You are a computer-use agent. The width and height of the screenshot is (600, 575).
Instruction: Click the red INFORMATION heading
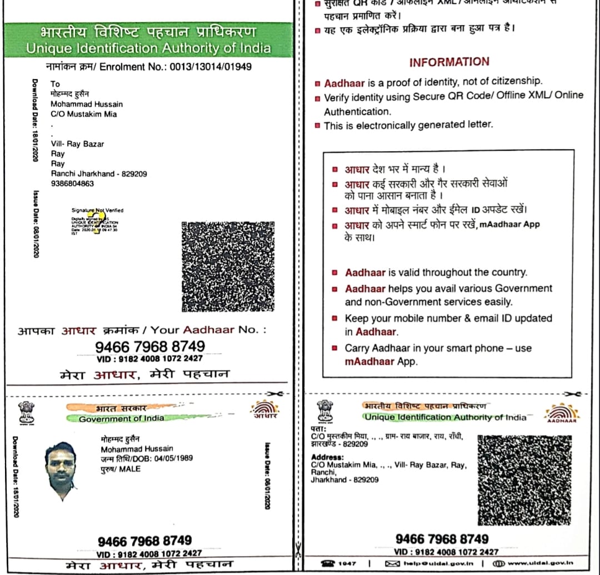[x=449, y=62]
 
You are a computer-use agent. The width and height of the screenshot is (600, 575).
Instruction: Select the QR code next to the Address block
[x=523, y=479]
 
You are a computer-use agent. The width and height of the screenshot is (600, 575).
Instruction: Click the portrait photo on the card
[x=61, y=470]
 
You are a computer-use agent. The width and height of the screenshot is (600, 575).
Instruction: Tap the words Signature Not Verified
[x=97, y=210]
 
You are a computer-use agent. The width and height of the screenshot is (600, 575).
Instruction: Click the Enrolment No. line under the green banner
[x=149, y=67]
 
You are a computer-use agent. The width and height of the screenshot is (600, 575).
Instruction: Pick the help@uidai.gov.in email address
[x=433, y=563]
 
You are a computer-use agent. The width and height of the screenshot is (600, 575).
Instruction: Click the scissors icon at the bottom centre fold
[x=298, y=551]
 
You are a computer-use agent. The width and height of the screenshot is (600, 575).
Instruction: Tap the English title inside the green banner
[x=148, y=48]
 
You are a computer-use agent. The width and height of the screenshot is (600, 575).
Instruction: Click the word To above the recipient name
[x=55, y=84]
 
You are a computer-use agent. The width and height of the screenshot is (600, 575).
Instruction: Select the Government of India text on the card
[x=121, y=419]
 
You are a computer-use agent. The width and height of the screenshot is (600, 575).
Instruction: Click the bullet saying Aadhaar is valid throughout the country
[x=436, y=272]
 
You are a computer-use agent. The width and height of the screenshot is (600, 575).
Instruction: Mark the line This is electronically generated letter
[x=408, y=125]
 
